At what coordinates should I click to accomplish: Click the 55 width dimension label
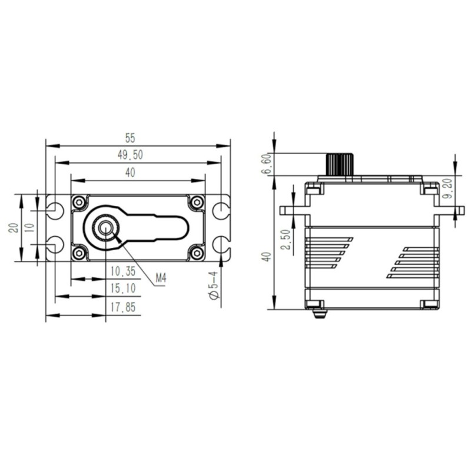(130, 138)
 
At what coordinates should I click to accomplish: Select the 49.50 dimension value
(130, 155)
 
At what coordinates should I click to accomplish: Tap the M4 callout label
(161, 278)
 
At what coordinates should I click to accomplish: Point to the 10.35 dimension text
(123, 271)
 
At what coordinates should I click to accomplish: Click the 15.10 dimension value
(123, 288)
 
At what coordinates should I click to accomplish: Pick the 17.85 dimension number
(123, 307)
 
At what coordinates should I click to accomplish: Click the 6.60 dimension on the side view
(267, 164)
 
